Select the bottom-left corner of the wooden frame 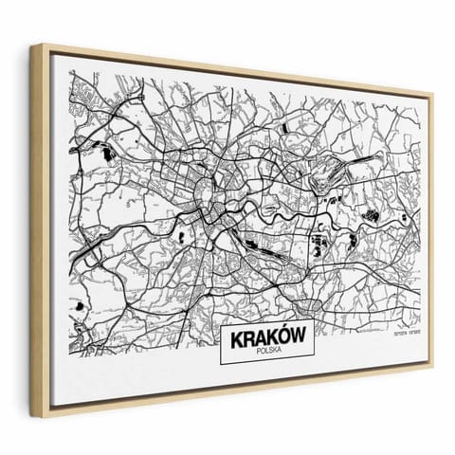[47, 409]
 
